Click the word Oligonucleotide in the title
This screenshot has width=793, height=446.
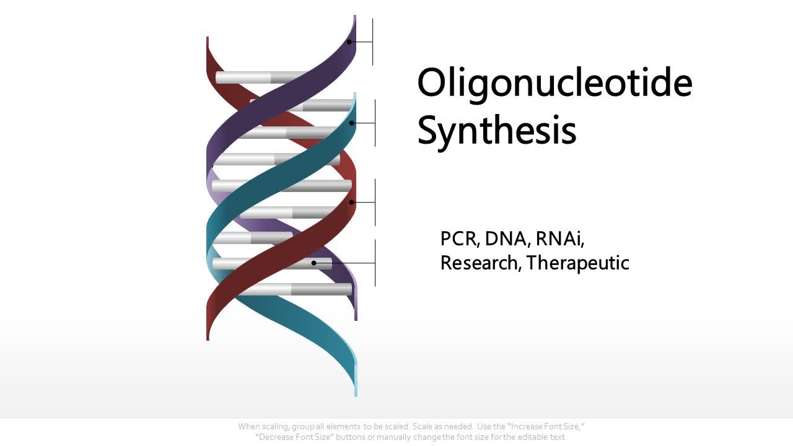554,83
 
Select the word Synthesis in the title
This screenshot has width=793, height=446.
497,131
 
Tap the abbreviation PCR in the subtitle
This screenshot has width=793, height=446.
459,238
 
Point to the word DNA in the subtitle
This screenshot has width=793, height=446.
506,238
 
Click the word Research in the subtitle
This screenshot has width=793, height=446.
480,263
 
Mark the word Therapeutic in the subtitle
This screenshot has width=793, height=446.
578,263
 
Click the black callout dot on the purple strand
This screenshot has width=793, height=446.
349,42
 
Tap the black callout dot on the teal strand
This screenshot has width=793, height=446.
352,123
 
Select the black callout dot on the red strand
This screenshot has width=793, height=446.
352,203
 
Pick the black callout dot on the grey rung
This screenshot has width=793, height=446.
314,263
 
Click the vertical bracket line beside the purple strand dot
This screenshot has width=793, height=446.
373,42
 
